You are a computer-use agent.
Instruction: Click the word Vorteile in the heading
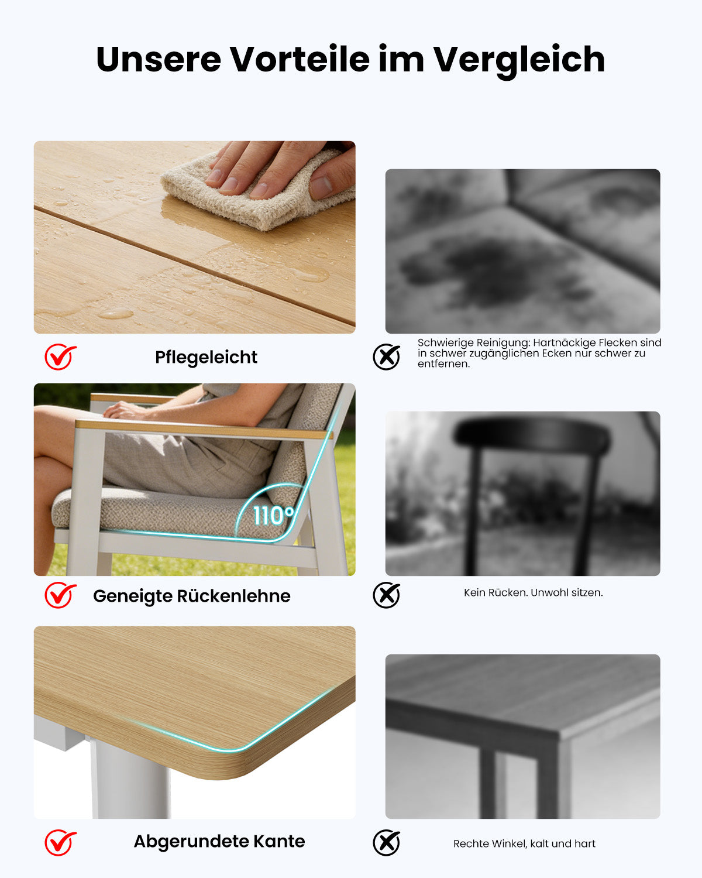coord(300,60)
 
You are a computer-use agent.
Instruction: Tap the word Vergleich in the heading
coord(519,61)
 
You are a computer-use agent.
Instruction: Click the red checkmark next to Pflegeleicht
coord(60,356)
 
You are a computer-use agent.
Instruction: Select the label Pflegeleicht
coord(206,358)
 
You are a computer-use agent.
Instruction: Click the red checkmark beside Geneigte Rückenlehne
coord(60,595)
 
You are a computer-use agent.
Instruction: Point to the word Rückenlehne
coord(234,596)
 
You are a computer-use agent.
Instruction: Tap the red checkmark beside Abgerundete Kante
coord(60,842)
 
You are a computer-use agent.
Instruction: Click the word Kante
coord(279,841)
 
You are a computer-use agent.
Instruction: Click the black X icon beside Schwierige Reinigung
coord(386,357)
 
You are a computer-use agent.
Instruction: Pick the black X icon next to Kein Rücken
coord(386,595)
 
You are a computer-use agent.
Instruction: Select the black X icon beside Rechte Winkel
coord(386,843)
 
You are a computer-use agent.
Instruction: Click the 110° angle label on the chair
coord(273,515)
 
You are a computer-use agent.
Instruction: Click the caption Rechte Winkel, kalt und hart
coord(524,843)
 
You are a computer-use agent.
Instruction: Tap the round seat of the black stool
coord(532,434)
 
